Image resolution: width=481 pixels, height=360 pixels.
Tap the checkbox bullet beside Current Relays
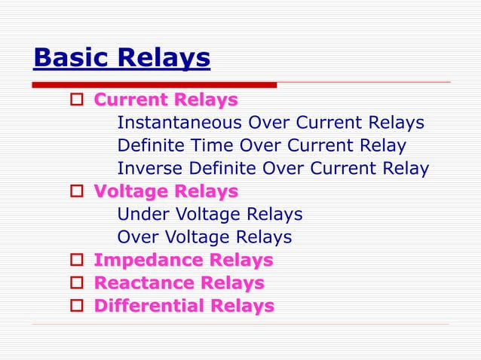(x=75, y=100)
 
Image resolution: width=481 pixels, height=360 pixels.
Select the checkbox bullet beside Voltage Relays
(x=75, y=192)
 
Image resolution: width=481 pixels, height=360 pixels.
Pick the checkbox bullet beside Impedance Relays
(x=75, y=261)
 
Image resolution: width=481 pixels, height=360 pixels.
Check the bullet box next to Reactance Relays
(x=75, y=284)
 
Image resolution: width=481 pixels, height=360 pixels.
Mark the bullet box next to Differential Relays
(x=75, y=307)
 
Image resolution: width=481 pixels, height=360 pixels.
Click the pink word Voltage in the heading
(x=128, y=192)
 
